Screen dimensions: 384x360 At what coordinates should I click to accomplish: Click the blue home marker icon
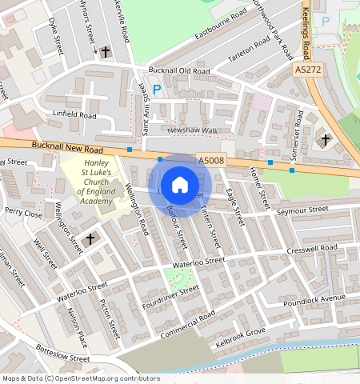(x=180, y=185)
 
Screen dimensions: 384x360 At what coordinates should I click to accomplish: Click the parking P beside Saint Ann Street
(x=157, y=90)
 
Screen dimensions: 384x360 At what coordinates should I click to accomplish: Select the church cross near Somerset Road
(x=325, y=140)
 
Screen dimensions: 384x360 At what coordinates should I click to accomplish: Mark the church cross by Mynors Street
(x=106, y=50)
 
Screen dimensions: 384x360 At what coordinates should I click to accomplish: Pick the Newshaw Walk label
(x=192, y=130)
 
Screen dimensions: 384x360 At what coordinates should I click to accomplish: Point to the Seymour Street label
(x=302, y=210)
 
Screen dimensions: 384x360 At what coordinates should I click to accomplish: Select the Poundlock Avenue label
(x=319, y=298)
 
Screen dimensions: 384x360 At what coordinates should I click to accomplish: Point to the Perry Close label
(x=23, y=214)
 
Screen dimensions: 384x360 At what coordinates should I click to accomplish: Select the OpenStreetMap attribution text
(x=81, y=378)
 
